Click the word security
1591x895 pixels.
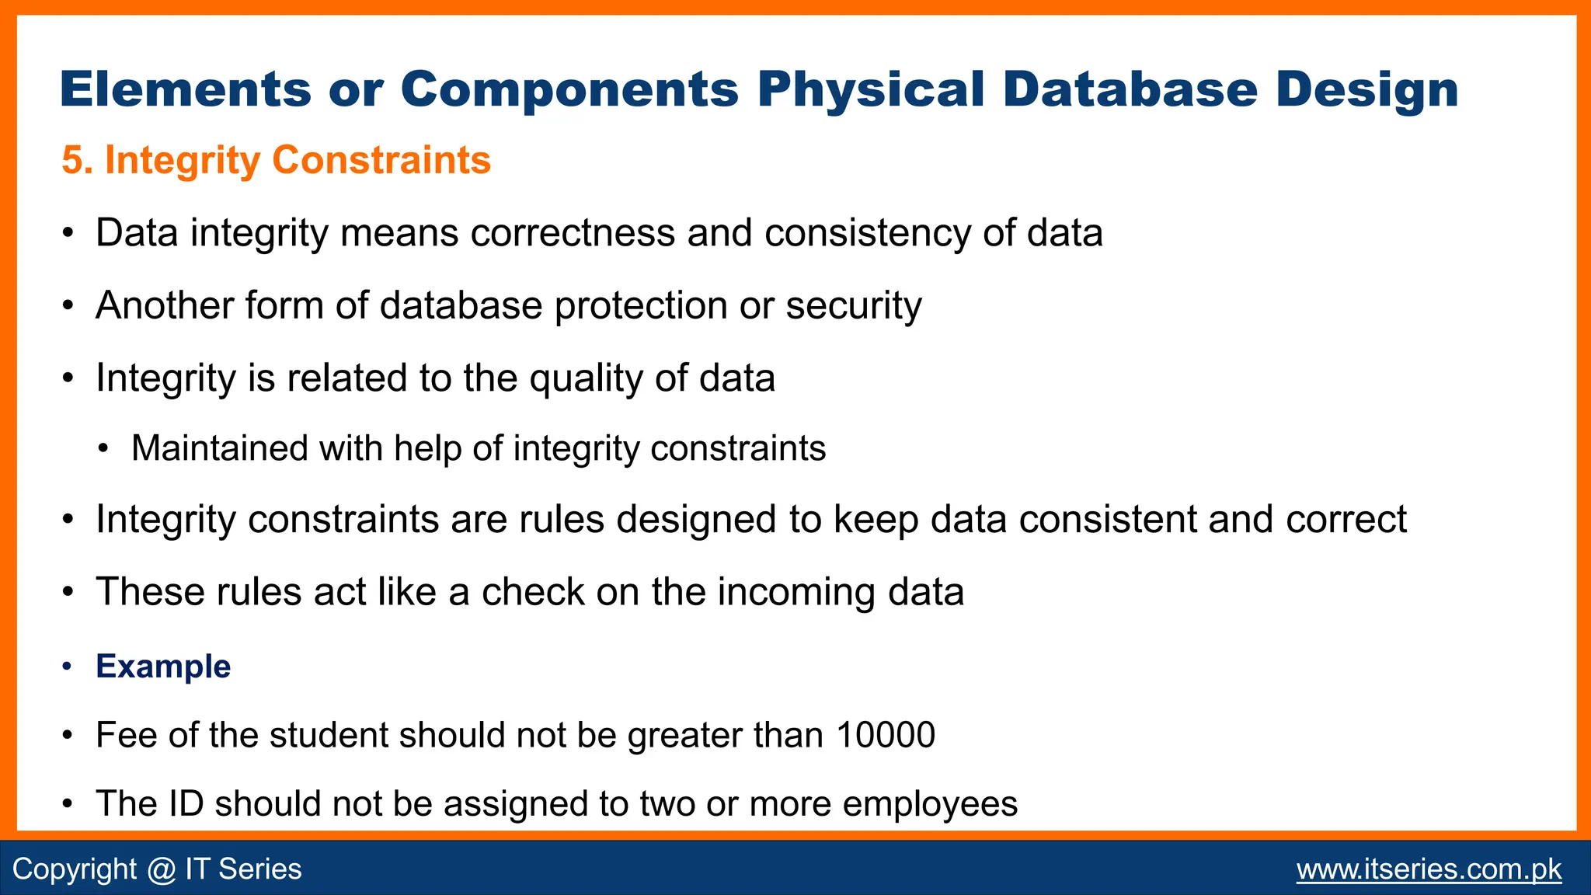(x=853, y=305)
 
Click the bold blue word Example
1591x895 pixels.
(x=163, y=667)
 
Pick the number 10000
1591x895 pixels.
(x=886, y=735)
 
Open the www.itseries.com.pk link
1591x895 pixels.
(x=1429, y=869)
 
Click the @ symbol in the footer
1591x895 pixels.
(x=161, y=869)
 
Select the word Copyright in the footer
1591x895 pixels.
(x=75, y=869)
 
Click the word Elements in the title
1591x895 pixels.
(x=185, y=90)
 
